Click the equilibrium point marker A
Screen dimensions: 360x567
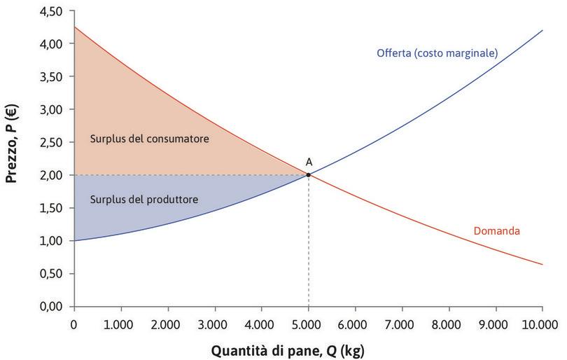[x=308, y=174]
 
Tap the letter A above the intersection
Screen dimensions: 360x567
[x=309, y=162]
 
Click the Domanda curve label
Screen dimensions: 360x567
[x=496, y=230]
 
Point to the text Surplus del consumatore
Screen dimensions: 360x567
[x=150, y=139]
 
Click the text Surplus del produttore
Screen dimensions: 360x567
[x=144, y=200]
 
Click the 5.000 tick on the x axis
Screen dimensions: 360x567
[x=308, y=324]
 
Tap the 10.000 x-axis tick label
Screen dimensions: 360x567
[x=541, y=324]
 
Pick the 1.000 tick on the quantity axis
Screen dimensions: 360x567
[x=121, y=324]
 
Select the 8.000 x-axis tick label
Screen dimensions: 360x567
[x=449, y=324]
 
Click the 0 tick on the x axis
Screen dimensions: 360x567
[x=74, y=324]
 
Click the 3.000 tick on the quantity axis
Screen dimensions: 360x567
[x=215, y=324]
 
